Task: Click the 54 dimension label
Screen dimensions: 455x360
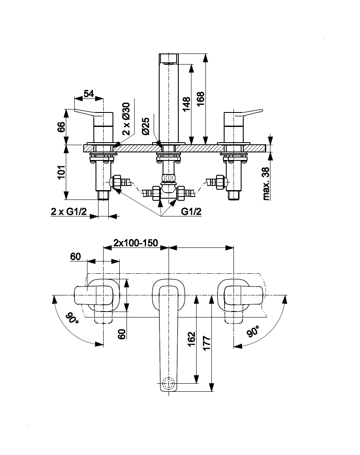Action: pos(88,93)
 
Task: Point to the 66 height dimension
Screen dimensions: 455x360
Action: pos(61,127)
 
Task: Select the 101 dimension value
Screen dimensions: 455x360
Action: pos(61,172)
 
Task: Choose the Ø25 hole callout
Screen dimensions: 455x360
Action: pos(146,126)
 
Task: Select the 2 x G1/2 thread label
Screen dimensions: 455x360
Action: pos(69,212)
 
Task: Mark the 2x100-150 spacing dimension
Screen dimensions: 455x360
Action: pos(136,243)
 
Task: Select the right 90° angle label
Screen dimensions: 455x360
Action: pos(254,331)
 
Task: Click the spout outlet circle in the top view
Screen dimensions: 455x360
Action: pos(169,383)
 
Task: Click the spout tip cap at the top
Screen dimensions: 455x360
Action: pos(169,59)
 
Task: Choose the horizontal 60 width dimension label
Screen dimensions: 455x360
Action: pos(75,256)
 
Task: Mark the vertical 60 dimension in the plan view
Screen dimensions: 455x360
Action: pos(122,334)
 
